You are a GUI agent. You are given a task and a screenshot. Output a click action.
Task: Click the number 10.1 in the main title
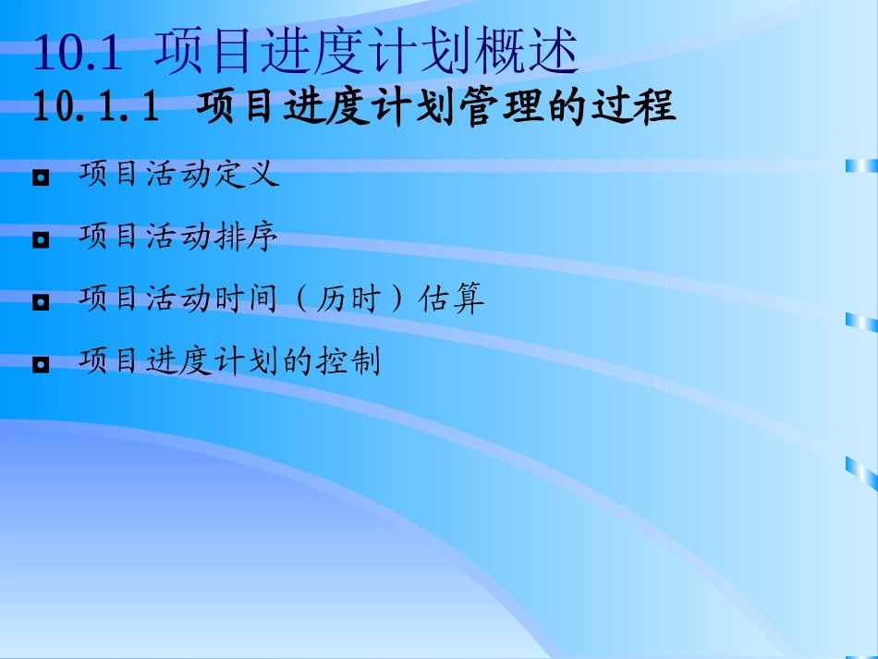pos(78,53)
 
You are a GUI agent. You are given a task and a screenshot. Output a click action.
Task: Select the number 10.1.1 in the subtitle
pos(93,108)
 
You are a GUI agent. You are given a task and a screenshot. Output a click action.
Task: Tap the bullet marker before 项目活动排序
pos(41,240)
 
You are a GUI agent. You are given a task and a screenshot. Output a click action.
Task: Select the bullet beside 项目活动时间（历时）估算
pos(41,302)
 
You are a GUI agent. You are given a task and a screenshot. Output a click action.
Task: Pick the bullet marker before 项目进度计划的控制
pos(41,364)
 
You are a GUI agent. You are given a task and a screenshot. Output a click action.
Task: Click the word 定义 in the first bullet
pos(246,175)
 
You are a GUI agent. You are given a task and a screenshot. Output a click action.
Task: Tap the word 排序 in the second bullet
pos(246,238)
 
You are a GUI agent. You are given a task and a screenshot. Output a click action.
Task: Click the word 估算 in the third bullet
pos(451,299)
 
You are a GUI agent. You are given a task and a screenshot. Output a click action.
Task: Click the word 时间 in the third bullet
pos(246,299)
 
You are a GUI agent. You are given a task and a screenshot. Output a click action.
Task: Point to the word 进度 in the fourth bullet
pos(179,361)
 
